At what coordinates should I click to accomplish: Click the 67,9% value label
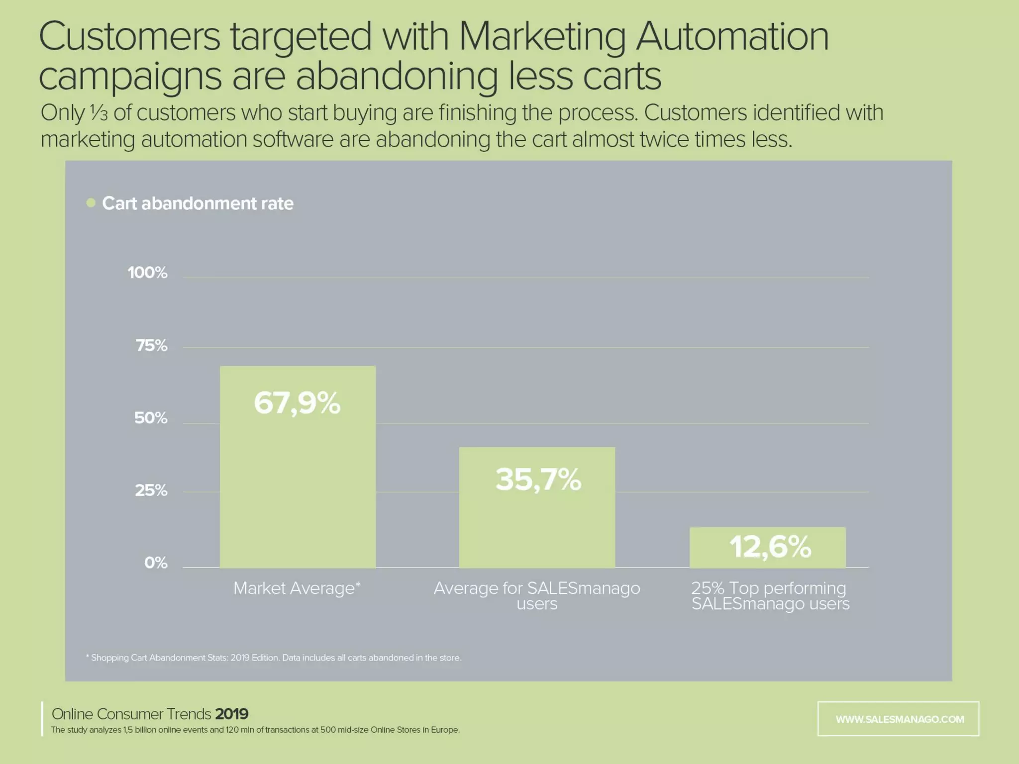(x=297, y=403)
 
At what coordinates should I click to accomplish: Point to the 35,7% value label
(x=538, y=479)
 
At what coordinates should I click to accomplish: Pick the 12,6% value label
(x=770, y=547)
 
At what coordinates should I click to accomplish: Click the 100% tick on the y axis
(x=147, y=273)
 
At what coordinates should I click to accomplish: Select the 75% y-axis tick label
(x=151, y=346)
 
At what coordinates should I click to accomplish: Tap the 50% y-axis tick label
(x=151, y=418)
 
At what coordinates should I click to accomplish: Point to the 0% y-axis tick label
(x=156, y=563)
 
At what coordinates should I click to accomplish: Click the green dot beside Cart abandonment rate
(x=91, y=203)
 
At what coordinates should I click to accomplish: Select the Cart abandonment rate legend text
(x=198, y=203)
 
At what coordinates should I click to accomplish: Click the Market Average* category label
(x=297, y=588)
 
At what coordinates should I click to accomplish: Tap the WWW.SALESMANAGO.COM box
(x=898, y=719)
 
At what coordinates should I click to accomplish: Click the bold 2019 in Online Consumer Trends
(x=231, y=714)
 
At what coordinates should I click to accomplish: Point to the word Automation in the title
(x=732, y=37)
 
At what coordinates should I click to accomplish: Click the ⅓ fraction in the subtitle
(x=99, y=113)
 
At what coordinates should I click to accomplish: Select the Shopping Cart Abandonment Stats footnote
(x=274, y=658)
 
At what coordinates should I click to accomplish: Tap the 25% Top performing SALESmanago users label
(x=770, y=596)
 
